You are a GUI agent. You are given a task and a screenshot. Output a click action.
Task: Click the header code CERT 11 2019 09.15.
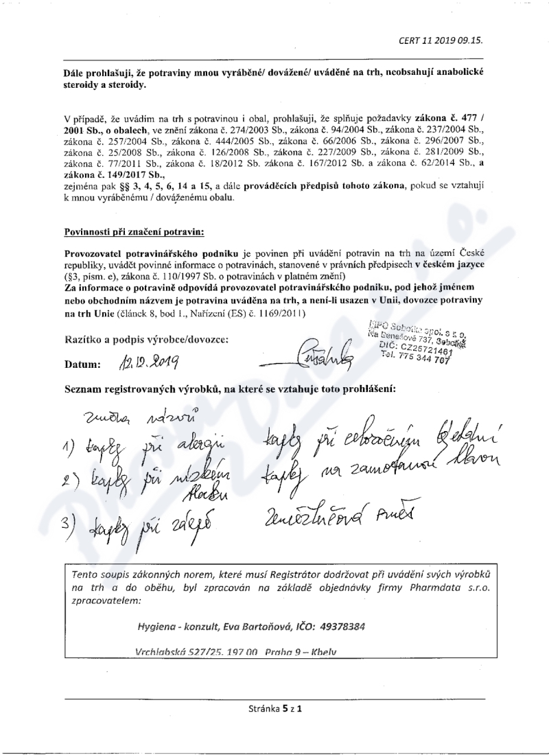[x=441, y=40]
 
